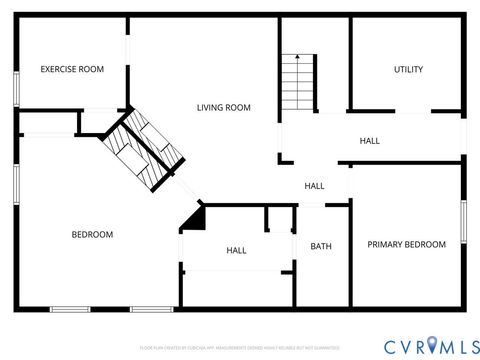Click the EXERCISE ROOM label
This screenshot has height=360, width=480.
tap(72, 69)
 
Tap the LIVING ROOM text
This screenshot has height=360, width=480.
tap(223, 107)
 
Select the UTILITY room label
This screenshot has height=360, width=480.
tap(408, 69)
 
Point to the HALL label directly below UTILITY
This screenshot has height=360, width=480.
tap(369, 141)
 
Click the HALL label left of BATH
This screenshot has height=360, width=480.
tap(236, 250)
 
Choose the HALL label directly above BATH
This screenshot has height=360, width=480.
tap(314, 186)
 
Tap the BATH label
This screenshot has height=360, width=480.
tap(321, 246)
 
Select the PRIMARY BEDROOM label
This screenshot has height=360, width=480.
tap(406, 244)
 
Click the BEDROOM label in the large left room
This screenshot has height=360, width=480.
tap(92, 234)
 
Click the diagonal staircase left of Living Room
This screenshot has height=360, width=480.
tap(145, 150)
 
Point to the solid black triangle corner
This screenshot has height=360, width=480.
tap(194, 219)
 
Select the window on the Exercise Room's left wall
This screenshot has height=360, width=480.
tap(16, 86)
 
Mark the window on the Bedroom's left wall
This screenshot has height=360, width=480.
tap(16, 185)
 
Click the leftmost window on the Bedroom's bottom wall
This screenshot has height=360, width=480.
tap(71, 309)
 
